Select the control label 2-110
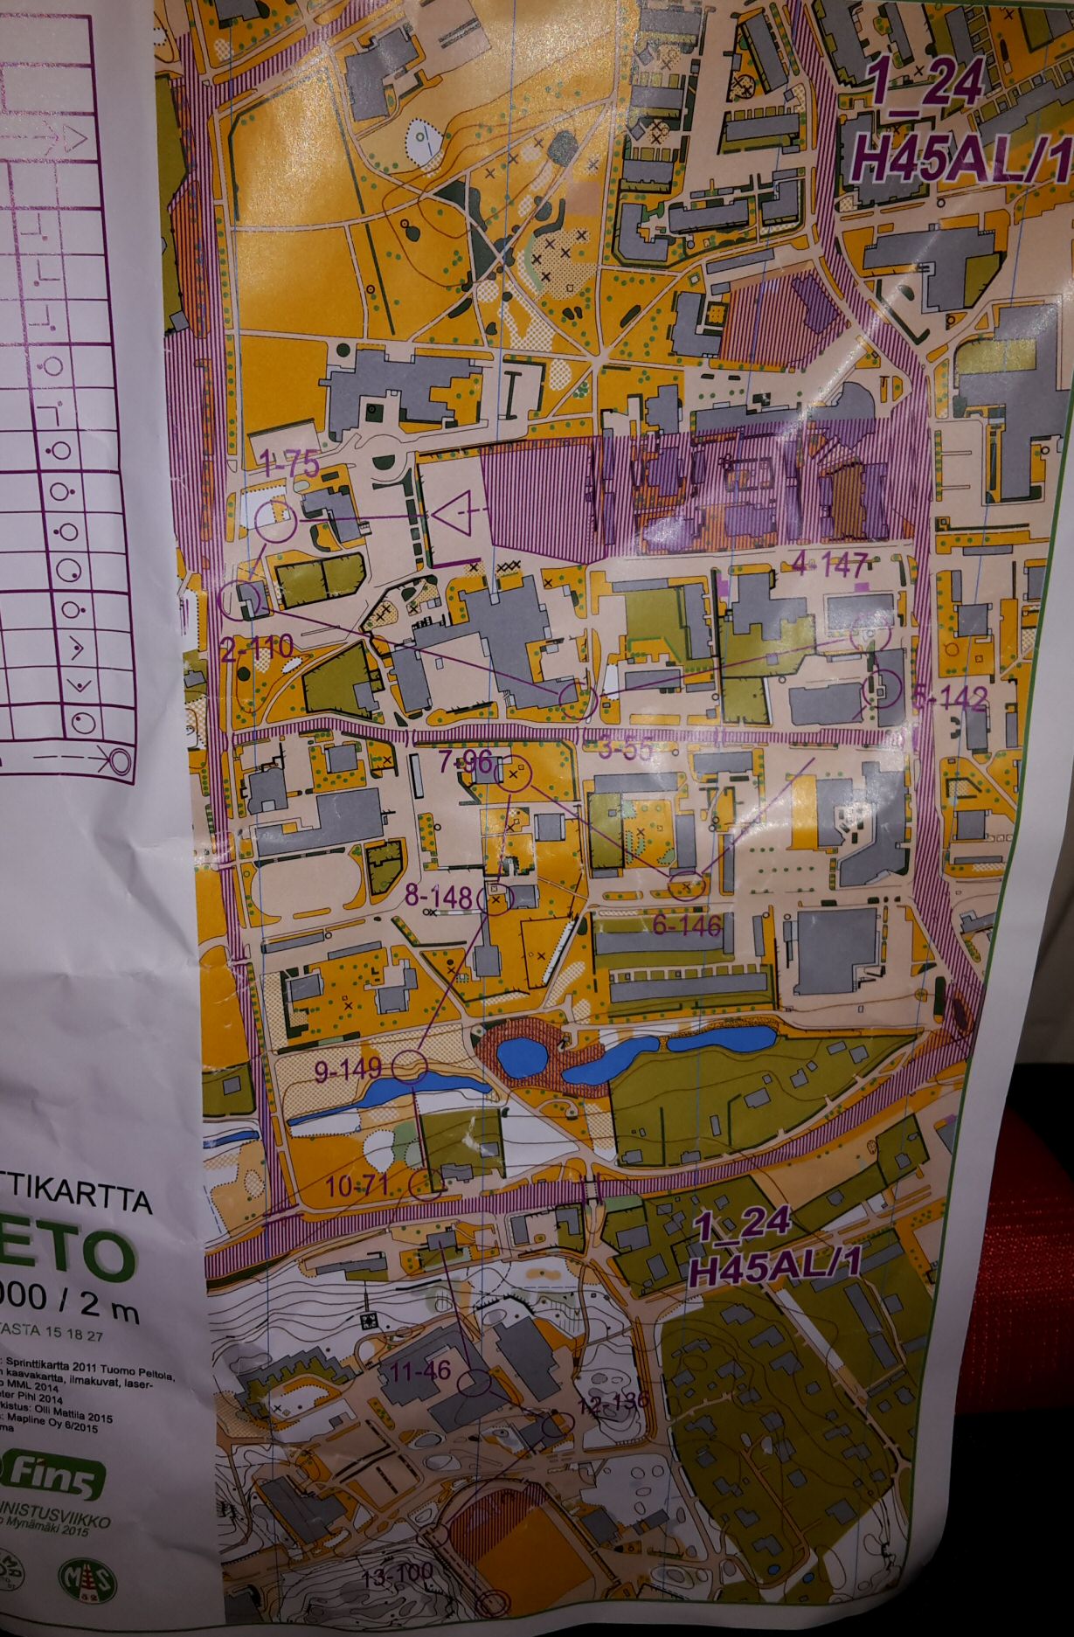click(x=257, y=648)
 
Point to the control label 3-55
click(x=627, y=749)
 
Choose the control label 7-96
click(x=465, y=761)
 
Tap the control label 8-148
click(x=439, y=897)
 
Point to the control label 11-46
click(x=420, y=1370)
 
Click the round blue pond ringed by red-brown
click(x=522, y=1056)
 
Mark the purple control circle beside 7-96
click(x=515, y=773)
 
